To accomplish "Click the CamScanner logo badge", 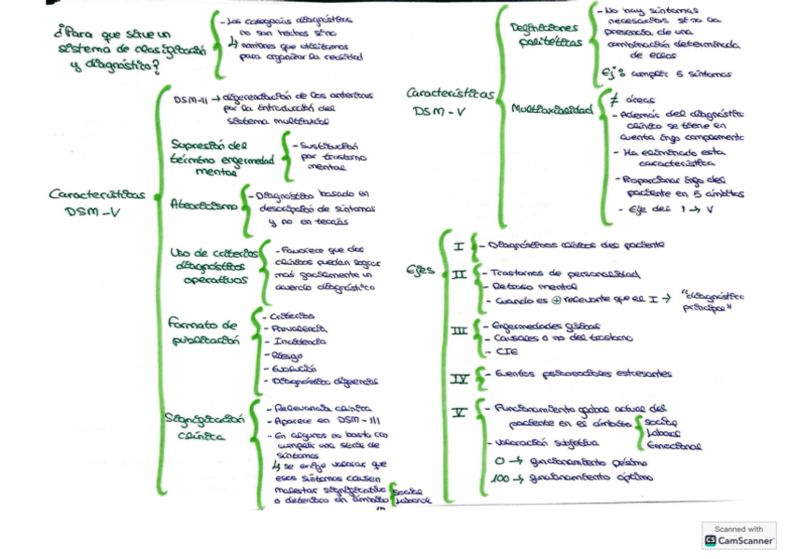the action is point(739,536).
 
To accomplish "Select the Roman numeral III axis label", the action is point(459,331).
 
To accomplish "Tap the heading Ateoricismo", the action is point(202,205).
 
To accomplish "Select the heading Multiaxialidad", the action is point(551,109).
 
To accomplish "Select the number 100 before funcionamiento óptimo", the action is point(501,479).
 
